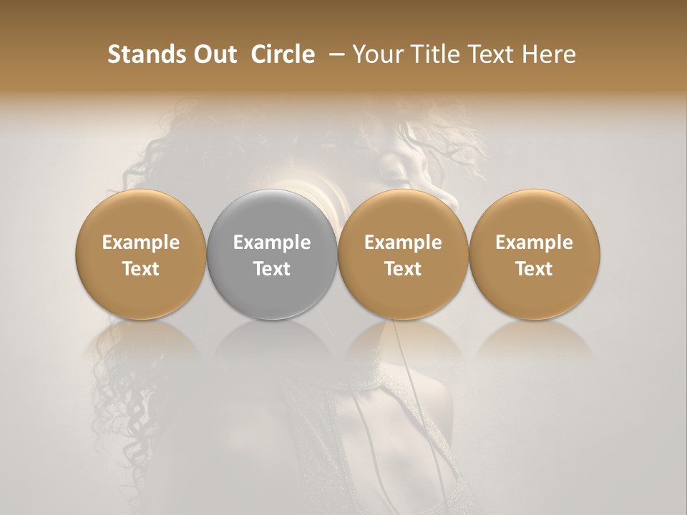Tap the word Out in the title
tap(213, 54)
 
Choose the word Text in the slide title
tap(494, 54)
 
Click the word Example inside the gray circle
tap(272, 242)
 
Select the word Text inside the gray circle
tap(272, 269)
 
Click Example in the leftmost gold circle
tap(141, 242)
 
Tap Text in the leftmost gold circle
tap(141, 269)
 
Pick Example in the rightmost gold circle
tap(534, 242)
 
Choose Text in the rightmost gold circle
tap(534, 269)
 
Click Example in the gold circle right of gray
tap(403, 242)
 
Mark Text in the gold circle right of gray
tap(403, 269)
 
